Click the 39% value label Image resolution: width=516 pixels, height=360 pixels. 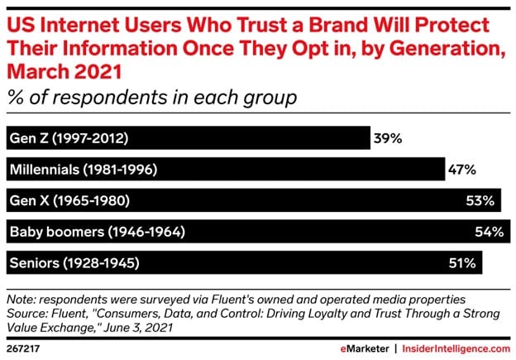coord(387,138)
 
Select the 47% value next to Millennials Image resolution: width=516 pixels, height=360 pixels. coord(461,170)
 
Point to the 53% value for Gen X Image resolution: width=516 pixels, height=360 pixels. coord(480,200)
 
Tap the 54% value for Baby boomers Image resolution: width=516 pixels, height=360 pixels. coord(490,232)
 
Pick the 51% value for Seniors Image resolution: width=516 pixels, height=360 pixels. coord(463,263)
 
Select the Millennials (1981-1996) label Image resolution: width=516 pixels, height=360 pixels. coord(84,170)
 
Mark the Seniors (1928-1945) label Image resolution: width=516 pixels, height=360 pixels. coord(74,263)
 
